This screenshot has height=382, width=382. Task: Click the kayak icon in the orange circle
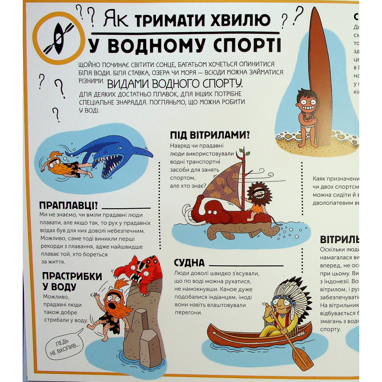tap(57, 38)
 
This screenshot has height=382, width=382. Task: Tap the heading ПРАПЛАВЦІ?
tap(68, 206)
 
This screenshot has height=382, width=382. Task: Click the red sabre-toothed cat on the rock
tap(142, 272)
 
